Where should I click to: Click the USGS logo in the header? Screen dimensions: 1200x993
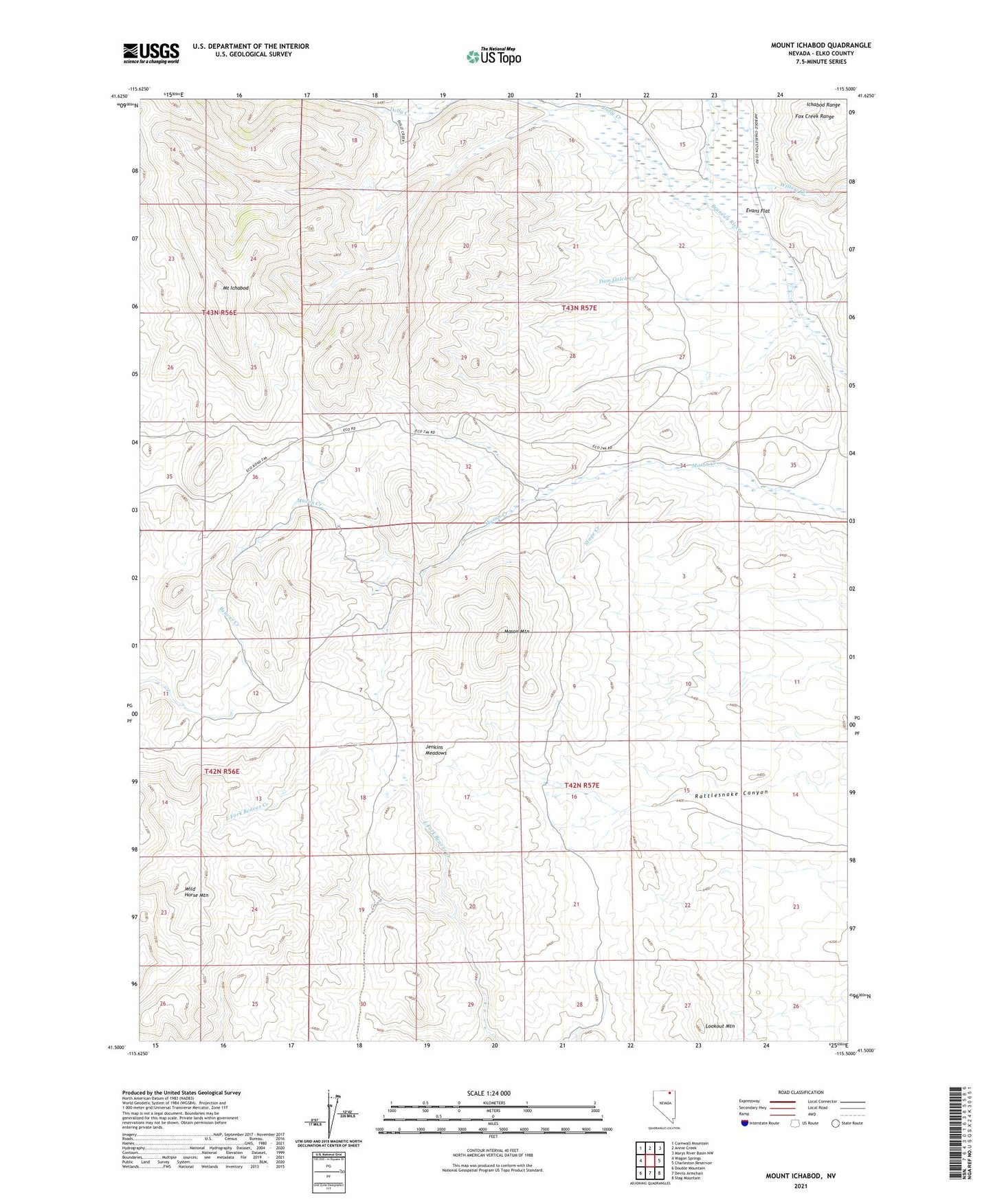(150, 53)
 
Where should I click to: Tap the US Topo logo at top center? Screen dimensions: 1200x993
(493, 56)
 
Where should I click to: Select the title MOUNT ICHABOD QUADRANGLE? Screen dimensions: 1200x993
(821, 45)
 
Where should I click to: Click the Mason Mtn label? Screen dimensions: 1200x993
(517, 631)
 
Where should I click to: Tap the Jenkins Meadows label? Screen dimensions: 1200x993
(436, 750)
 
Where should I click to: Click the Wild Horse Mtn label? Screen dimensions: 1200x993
(196, 892)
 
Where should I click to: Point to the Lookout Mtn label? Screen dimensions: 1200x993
(720, 1026)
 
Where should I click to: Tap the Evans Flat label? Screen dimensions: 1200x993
(757, 211)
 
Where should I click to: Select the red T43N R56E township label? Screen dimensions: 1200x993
(220, 313)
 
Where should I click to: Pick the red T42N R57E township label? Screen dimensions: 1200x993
(581, 785)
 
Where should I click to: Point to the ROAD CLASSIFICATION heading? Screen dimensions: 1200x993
(801, 1092)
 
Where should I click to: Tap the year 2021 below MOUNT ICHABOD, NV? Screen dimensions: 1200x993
(801, 1186)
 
